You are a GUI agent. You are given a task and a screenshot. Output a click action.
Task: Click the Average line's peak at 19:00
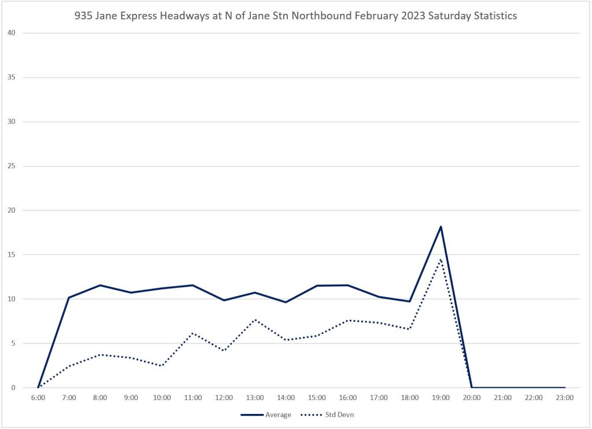pyautogui.click(x=441, y=227)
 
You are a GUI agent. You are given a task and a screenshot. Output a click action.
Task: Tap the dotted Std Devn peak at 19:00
pyautogui.click(x=441, y=260)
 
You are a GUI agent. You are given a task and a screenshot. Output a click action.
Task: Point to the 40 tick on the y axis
pyautogui.click(x=11, y=33)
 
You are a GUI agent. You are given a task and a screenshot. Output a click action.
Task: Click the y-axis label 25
pyautogui.click(x=11, y=166)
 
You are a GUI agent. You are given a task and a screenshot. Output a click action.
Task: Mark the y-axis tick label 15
pyautogui.click(x=11, y=254)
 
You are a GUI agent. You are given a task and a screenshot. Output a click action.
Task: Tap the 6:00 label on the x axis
pyautogui.click(x=38, y=398)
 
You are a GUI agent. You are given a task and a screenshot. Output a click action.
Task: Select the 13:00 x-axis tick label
pyautogui.click(x=255, y=398)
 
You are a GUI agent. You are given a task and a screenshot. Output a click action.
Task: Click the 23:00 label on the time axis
pyautogui.click(x=564, y=398)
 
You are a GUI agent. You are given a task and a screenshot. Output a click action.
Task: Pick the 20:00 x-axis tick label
pyautogui.click(x=472, y=398)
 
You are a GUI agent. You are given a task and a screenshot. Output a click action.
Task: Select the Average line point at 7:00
pyautogui.click(x=69, y=298)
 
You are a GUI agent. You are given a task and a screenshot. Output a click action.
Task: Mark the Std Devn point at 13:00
pyautogui.click(x=255, y=320)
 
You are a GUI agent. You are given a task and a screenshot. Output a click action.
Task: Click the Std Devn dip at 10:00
pyautogui.click(x=162, y=365)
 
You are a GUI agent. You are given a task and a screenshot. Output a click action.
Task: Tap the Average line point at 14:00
pyautogui.click(x=286, y=302)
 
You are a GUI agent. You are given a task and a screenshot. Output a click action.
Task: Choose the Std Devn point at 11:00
pyautogui.click(x=193, y=333)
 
